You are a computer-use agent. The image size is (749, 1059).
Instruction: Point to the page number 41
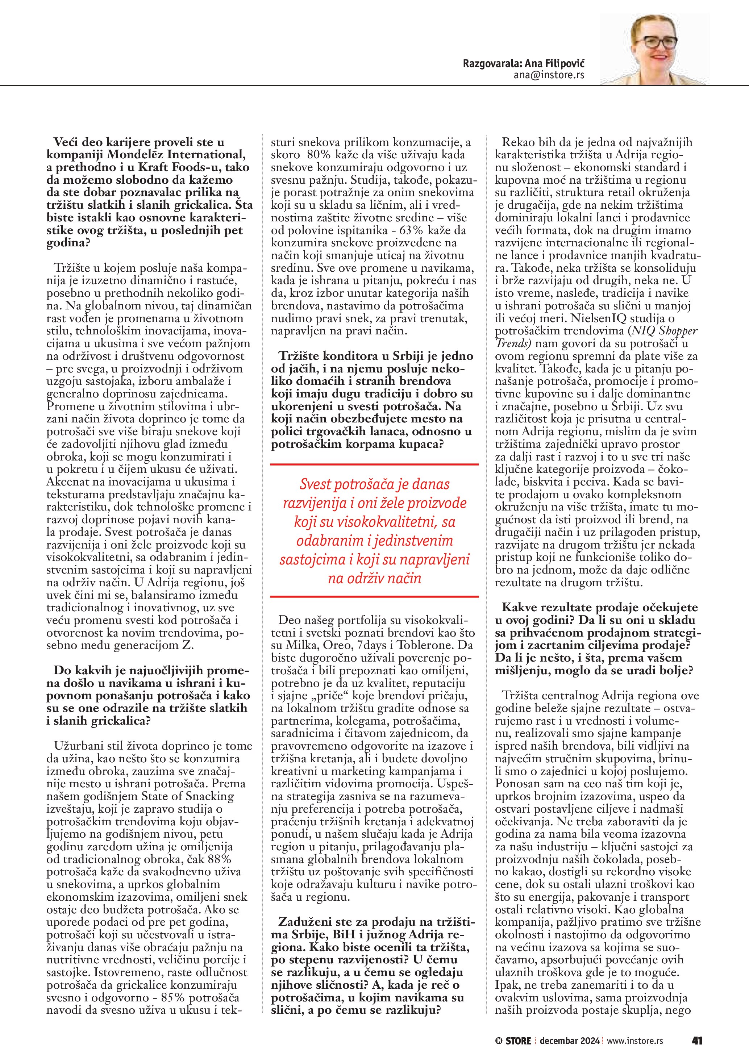[696, 1041]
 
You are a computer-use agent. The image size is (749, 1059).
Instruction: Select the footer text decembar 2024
[570, 1041]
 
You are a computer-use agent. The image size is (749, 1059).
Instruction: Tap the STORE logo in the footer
[517, 1041]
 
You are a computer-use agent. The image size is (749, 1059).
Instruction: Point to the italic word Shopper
[680, 331]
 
